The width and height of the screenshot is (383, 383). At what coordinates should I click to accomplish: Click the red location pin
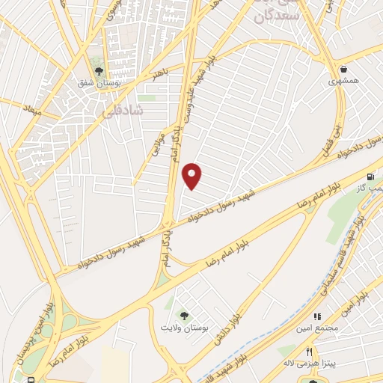pos(193,176)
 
